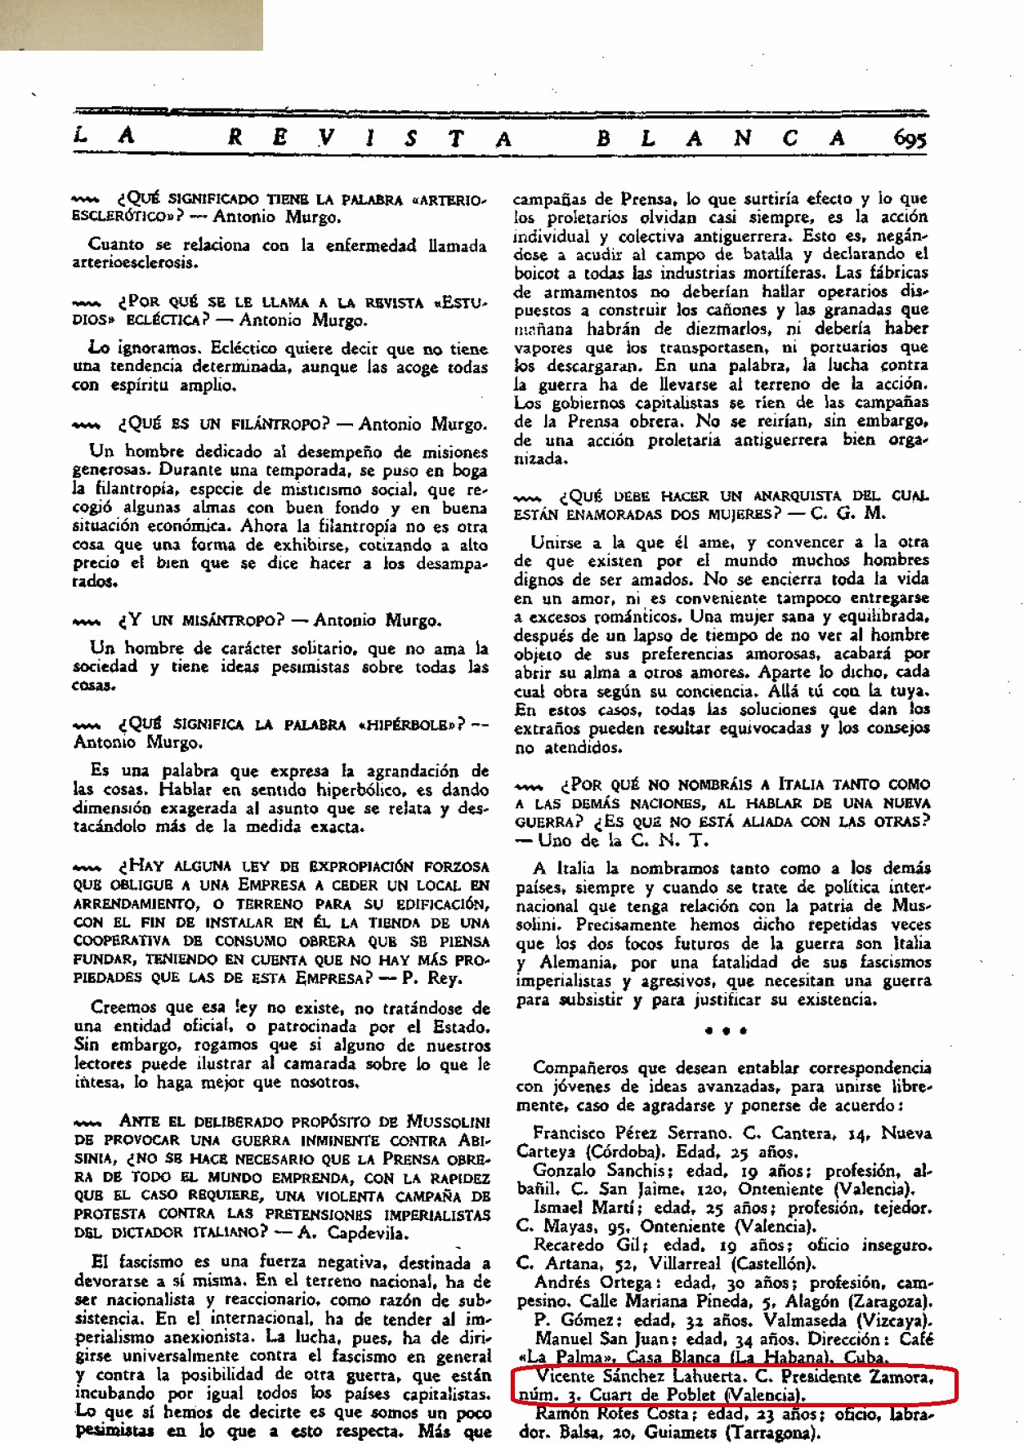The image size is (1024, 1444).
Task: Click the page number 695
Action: click(x=910, y=139)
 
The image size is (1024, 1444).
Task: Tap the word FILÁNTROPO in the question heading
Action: click(x=262, y=424)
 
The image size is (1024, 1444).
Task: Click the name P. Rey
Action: click(x=437, y=978)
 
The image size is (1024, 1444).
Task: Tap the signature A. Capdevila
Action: click(x=356, y=1233)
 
